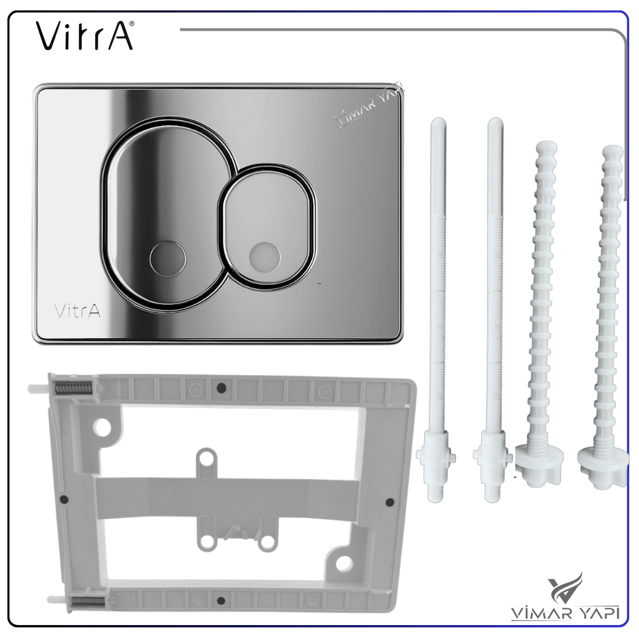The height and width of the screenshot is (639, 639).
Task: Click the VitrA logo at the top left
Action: coord(85,36)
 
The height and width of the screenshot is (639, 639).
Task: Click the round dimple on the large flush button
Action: coord(167,258)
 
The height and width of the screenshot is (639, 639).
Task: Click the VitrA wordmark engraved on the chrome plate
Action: coord(77,311)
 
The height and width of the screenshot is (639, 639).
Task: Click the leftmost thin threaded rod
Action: coord(436,310)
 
